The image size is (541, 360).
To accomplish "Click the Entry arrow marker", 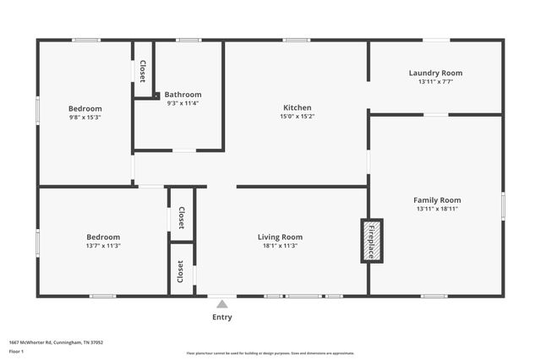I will [222, 304].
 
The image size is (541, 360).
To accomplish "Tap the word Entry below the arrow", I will [222, 318].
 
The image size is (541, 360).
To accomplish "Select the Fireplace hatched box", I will [372, 241].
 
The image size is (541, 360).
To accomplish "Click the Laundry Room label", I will [435, 73].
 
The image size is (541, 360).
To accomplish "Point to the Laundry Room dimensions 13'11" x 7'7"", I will [435, 82].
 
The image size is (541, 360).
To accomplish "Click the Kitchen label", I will [298, 107].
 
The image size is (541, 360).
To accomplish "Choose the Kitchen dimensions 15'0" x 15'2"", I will [298, 117].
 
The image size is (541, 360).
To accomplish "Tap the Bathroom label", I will [183, 95].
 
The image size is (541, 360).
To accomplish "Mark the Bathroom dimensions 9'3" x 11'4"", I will [183, 103].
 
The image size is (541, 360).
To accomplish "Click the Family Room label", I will [437, 199].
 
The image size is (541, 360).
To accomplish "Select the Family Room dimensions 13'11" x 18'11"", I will [437, 209].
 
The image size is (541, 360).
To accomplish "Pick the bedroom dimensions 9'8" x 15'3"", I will [85, 117].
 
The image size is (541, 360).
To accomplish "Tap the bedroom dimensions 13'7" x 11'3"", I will [103, 246].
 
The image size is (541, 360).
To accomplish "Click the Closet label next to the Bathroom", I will [143, 71].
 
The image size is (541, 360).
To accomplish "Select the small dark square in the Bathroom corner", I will [156, 95].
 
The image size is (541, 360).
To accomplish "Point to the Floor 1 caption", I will [17, 351].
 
